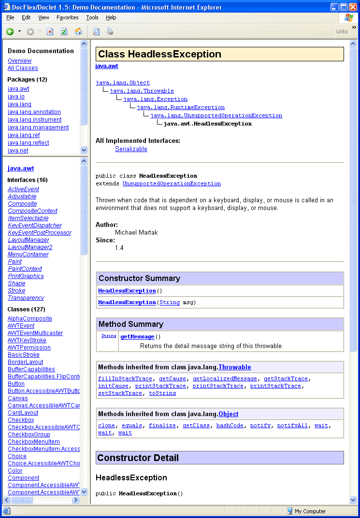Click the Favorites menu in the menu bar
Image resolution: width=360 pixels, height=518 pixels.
tap(67, 17)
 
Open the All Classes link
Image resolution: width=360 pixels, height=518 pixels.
tap(23, 68)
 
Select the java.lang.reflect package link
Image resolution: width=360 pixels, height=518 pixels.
tap(28, 143)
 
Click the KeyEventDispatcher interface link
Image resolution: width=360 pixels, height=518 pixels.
tap(35, 225)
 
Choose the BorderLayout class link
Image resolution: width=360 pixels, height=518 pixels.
tap(25, 362)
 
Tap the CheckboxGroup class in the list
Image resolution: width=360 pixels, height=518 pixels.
tap(29, 434)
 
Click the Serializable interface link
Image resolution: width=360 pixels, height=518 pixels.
tap(131, 149)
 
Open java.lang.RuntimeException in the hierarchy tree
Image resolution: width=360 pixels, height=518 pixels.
tap(180, 107)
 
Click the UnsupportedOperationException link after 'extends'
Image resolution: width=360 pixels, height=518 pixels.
tap(172, 184)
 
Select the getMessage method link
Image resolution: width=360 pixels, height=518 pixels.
tap(137, 336)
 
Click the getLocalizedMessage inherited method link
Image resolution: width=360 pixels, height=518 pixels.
tap(225, 378)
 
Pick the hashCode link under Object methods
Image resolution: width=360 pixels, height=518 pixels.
tap(230, 425)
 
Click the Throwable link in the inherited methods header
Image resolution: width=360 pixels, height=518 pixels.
tap(234, 367)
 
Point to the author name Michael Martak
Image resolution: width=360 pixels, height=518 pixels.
tap(136, 232)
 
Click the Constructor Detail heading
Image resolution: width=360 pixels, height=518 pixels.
tap(138, 458)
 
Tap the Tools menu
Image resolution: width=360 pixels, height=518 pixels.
tap(92, 17)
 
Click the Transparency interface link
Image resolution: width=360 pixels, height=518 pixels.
tap(26, 298)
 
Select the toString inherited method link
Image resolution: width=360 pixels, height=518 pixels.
tap(162, 393)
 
